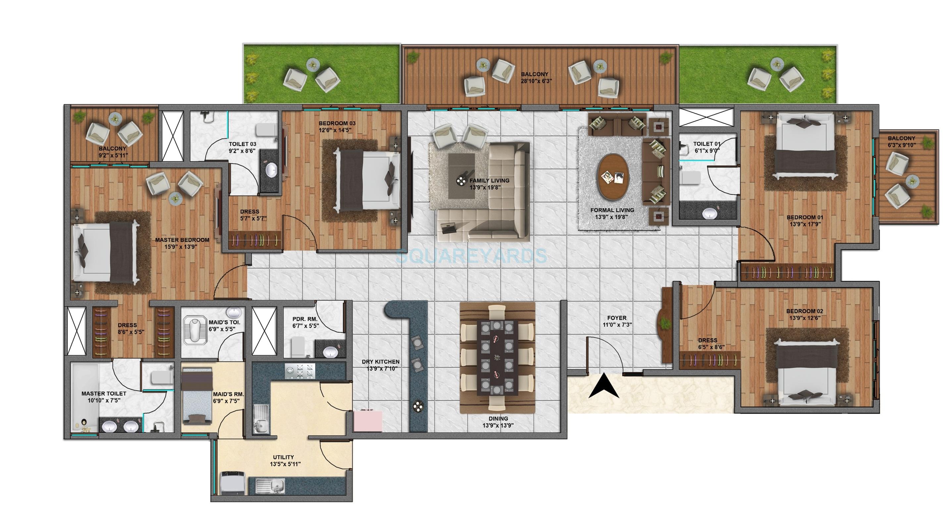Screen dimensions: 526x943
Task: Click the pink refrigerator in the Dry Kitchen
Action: tap(368, 421)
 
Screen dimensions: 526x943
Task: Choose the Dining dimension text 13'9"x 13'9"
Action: tap(498, 425)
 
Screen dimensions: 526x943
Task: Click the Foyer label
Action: tap(616, 318)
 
